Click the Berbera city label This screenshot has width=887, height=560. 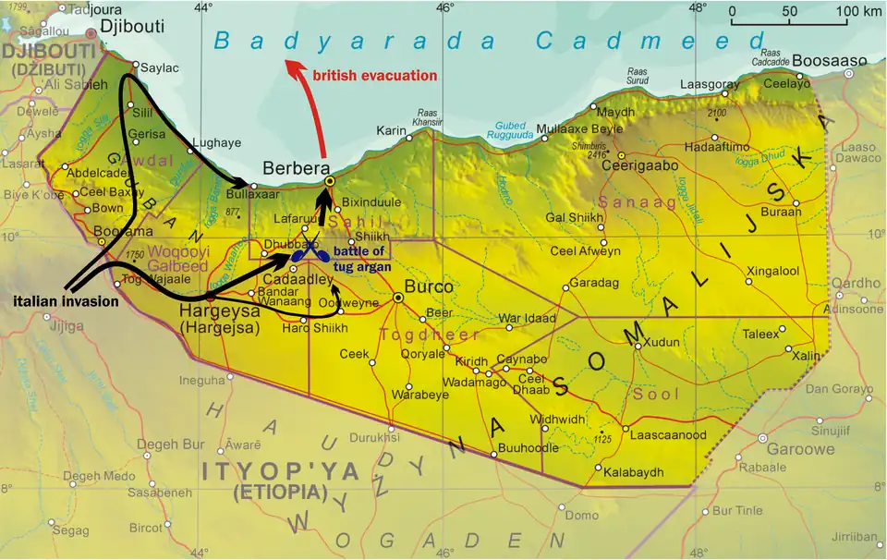(x=297, y=168)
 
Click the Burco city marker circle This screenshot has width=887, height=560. (x=398, y=298)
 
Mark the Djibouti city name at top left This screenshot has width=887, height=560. (x=131, y=27)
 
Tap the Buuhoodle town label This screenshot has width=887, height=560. (x=529, y=448)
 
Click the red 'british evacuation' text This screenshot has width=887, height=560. (x=374, y=76)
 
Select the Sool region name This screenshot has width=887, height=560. (x=657, y=394)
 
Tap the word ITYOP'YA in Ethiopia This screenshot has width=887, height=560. (x=280, y=472)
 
